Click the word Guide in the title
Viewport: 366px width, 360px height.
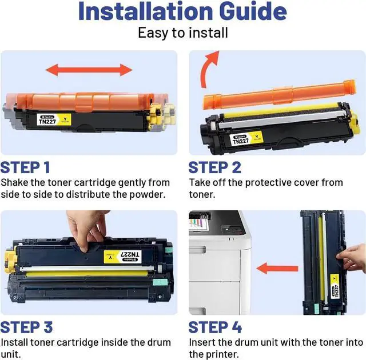pyautogui.click(x=253, y=11)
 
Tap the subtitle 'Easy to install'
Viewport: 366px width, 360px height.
pyautogui.click(x=183, y=33)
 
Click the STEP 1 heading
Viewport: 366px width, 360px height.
pyautogui.click(x=25, y=167)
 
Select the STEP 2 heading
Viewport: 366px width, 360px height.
pyautogui.click(x=215, y=167)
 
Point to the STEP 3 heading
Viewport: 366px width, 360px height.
pyautogui.click(x=26, y=327)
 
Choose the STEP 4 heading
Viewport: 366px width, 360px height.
pyautogui.click(x=215, y=327)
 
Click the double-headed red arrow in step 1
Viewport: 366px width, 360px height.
pyautogui.click(x=89, y=70)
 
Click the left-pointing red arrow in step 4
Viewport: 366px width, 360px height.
pyautogui.click(x=277, y=269)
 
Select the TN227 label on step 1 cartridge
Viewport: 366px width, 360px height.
pyautogui.click(x=54, y=119)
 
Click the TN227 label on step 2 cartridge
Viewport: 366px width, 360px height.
pyautogui.click(x=246, y=139)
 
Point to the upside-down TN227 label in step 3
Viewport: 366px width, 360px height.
pyautogui.click(x=122, y=256)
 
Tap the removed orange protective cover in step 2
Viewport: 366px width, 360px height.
pyautogui.click(x=279, y=94)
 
